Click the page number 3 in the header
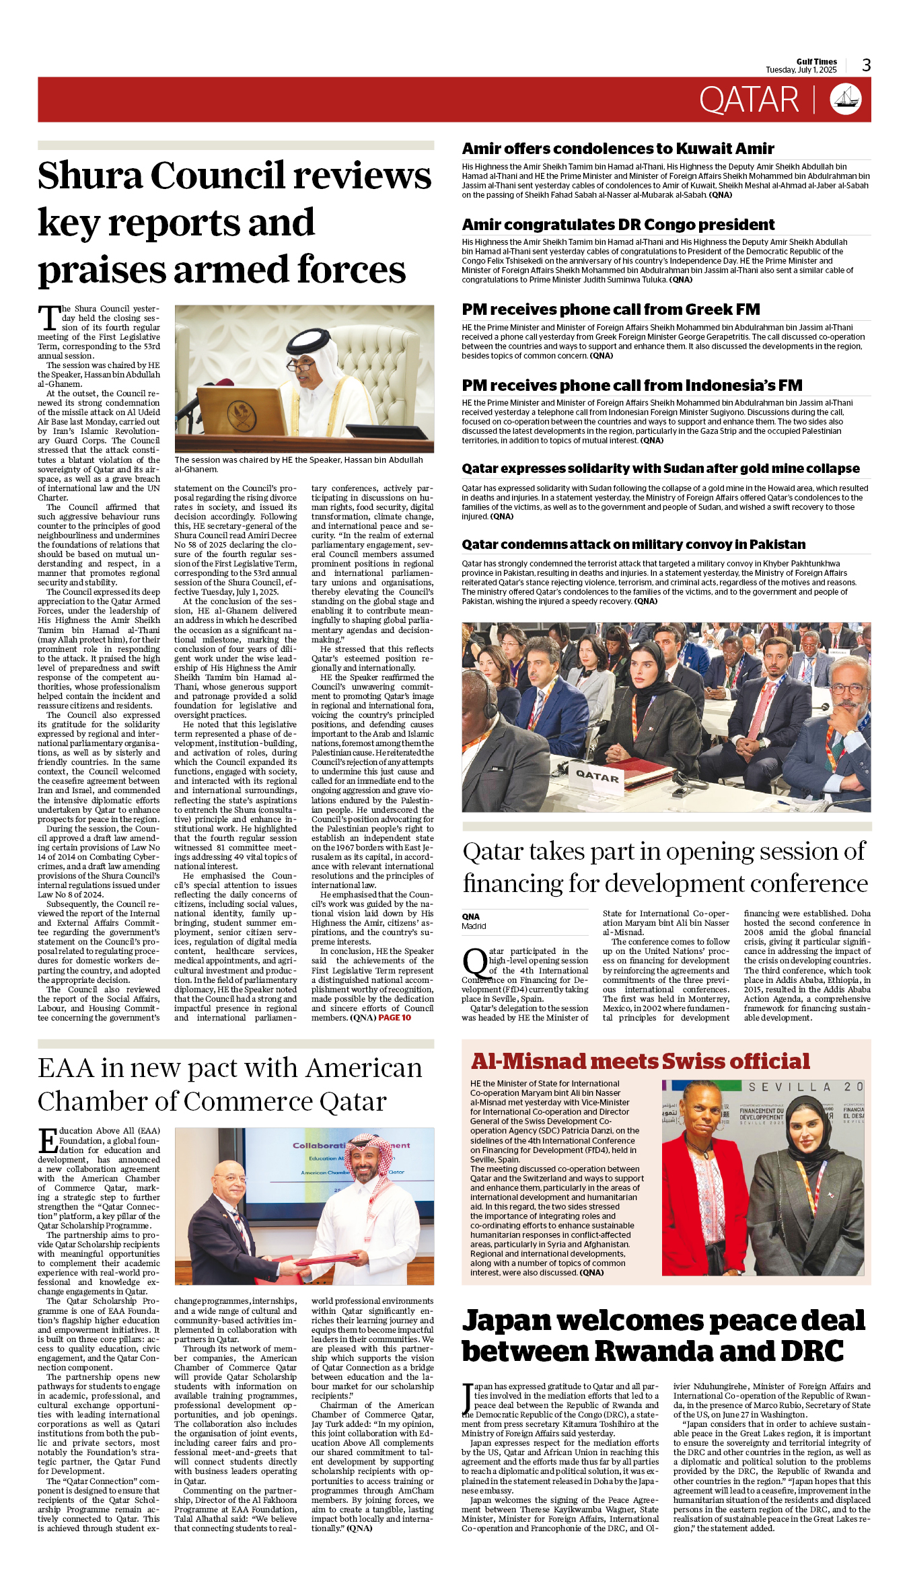(867, 65)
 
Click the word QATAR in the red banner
(749, 100)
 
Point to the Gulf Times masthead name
(816, 61)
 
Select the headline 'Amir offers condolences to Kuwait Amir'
(618, 149)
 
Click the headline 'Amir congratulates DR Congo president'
(618, 225)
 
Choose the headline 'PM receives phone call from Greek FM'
(610, 309)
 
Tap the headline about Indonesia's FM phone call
(632, 385)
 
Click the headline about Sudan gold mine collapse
(660, 468)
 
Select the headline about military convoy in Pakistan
(633, 544)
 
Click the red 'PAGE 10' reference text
(394, 1018)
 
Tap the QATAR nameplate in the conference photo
(597, 776)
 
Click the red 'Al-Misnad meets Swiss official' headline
(641, 1062)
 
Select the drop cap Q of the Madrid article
(475, 963)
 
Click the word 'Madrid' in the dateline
(474, 926)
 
